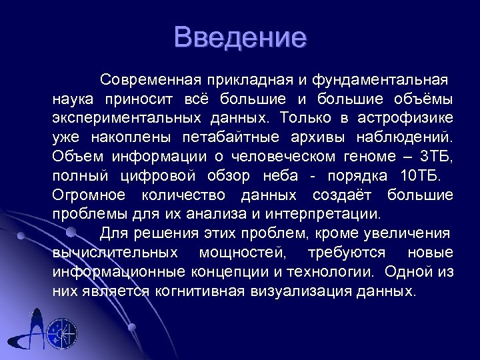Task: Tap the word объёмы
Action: [421, 100]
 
